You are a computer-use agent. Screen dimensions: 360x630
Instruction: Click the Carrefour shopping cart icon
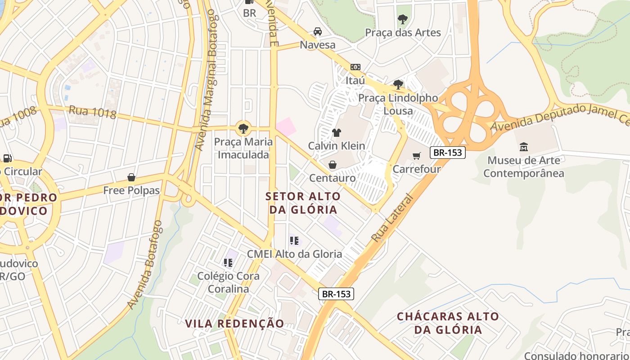click(417, 156)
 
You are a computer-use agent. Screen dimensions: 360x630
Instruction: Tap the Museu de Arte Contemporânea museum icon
click(524, 147)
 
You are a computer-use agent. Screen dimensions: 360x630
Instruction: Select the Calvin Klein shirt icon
click(336, 132)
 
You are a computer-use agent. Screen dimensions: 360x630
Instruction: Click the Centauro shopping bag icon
click(332, 165)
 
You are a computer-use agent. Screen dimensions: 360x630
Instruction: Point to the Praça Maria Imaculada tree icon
click(243, 128)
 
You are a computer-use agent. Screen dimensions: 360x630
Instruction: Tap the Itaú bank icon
click(355, 67)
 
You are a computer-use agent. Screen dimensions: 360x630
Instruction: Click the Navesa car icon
click(318, 31)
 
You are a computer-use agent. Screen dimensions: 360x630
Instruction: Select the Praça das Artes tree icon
click(403, 19)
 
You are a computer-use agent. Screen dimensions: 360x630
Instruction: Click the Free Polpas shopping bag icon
click(131, 177)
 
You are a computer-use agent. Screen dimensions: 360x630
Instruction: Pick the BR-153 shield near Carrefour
click(447, 153)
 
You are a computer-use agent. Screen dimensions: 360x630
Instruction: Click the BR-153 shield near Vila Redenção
click(336, 294)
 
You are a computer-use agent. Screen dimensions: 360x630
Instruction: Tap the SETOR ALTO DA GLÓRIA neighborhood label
click(303, 203)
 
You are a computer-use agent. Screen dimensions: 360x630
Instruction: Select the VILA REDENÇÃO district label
click(234, 323)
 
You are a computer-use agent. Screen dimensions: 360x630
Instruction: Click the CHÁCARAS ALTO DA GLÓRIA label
click(448, 323)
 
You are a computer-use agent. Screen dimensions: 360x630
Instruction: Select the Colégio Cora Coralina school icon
click(228, 262)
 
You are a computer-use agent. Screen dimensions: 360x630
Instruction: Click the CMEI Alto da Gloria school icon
click(294, 241)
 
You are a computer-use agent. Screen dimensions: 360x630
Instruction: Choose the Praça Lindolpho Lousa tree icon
click(398, 84)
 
